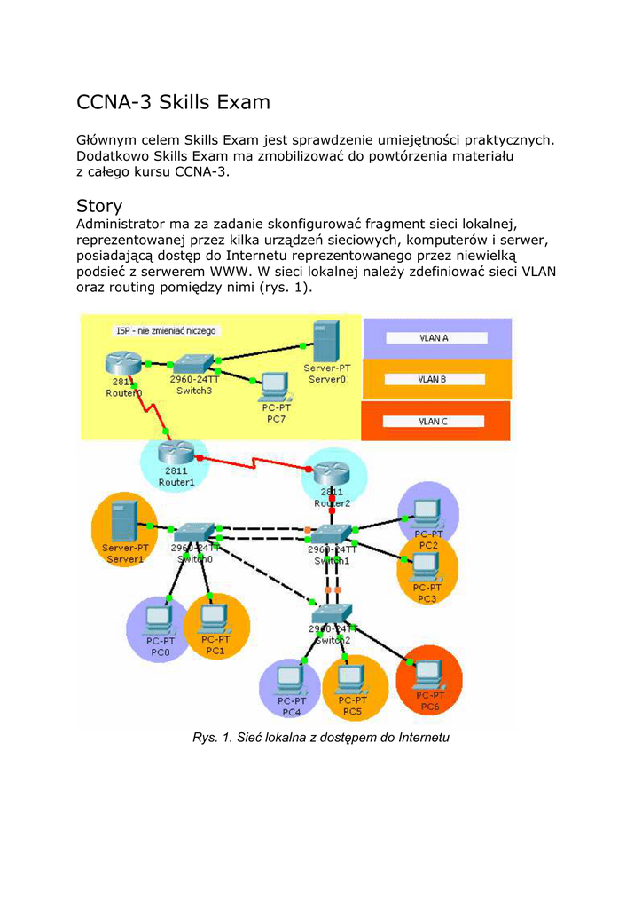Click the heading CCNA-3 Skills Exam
pyautogui.click(x=173, y=102)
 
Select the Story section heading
pyautogui.click(x=99, y=206)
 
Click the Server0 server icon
pyautogui.click(x=325, y=341)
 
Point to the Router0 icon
pyautogui.click(x=118, y=363)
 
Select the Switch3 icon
pyautogui.click(x=192, y=363)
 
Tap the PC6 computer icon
pyautogui.click(x=429, y=674)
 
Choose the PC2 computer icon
pyautogui.click(x=427, y=510)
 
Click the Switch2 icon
pyautogui.click(x=331, y=613)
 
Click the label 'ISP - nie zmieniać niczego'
pyautogui.click(x=166, y=330)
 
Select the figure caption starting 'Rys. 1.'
pyautogui.click(x=321, y=738)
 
